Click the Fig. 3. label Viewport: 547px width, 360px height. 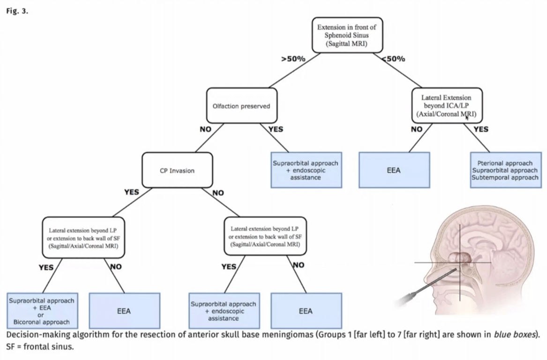(x=17, y=11)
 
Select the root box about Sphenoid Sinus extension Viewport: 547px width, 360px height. (x=346, y=35)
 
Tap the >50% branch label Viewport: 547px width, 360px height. (x=293, y=59)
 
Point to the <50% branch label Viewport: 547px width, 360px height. (x=393, y=59)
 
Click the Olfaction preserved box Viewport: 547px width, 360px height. (x=241, y=106)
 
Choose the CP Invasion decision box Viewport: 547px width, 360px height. (x=177, y=171)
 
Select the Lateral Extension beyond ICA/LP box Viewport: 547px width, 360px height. (x=446, y=105)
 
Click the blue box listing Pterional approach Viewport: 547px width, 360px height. (x=505, y=170)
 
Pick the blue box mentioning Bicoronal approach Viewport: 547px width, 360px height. (x=42, y=311)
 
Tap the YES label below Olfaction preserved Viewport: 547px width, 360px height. (x=276, y=129)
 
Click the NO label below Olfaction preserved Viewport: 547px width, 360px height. (x=205, y=129)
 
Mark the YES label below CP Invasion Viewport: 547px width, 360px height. (x=132, y=192)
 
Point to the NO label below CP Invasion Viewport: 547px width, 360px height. (x=218, y=193)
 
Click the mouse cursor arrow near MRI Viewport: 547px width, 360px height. (x=467, y=117)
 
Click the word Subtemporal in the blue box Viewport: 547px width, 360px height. (x=490, y=178)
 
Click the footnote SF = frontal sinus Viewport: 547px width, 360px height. (x=40, y=347)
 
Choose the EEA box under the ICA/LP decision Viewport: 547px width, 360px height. (x=394, y=170)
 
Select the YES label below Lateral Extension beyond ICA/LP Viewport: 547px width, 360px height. (x=480, y=129)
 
